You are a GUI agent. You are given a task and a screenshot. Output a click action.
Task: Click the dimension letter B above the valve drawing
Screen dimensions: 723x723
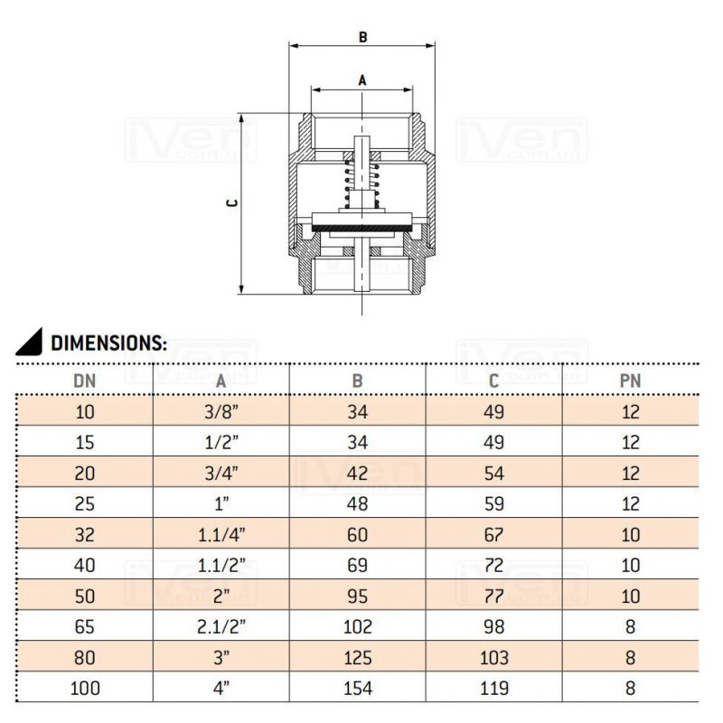tap(363, 37)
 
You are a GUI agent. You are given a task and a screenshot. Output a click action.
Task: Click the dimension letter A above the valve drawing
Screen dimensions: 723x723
tap(362, 80)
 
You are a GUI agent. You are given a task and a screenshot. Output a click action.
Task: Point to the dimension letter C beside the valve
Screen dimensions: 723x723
tap(233, 202)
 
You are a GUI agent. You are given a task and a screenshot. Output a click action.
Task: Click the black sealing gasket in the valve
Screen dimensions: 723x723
tap(362, 229)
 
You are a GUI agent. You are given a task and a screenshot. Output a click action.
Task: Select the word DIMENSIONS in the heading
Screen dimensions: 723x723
tap(108, 343)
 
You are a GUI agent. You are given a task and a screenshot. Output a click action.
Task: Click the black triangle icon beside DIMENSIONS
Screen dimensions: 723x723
tap(29, 342)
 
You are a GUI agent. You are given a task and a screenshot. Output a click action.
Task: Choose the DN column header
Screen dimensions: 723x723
tap(84, 380)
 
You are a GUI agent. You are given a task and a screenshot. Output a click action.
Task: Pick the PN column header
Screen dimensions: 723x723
tap(630, 380)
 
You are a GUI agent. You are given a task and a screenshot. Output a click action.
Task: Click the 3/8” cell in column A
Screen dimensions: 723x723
tap(221, 412)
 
